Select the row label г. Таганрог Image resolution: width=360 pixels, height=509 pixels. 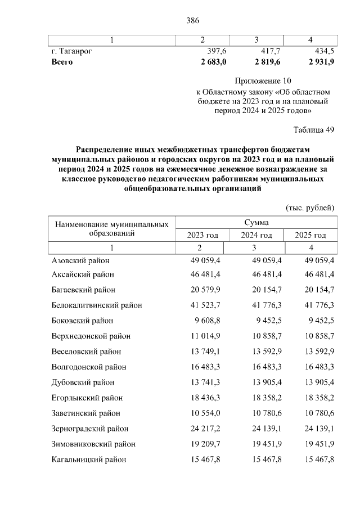71,51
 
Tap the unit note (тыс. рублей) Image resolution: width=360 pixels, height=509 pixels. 310,208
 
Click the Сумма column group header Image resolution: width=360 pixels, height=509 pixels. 256,223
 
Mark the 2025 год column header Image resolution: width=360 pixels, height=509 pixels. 311,235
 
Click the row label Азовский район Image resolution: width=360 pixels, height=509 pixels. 80,260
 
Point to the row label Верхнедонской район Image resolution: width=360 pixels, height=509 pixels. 91,336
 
